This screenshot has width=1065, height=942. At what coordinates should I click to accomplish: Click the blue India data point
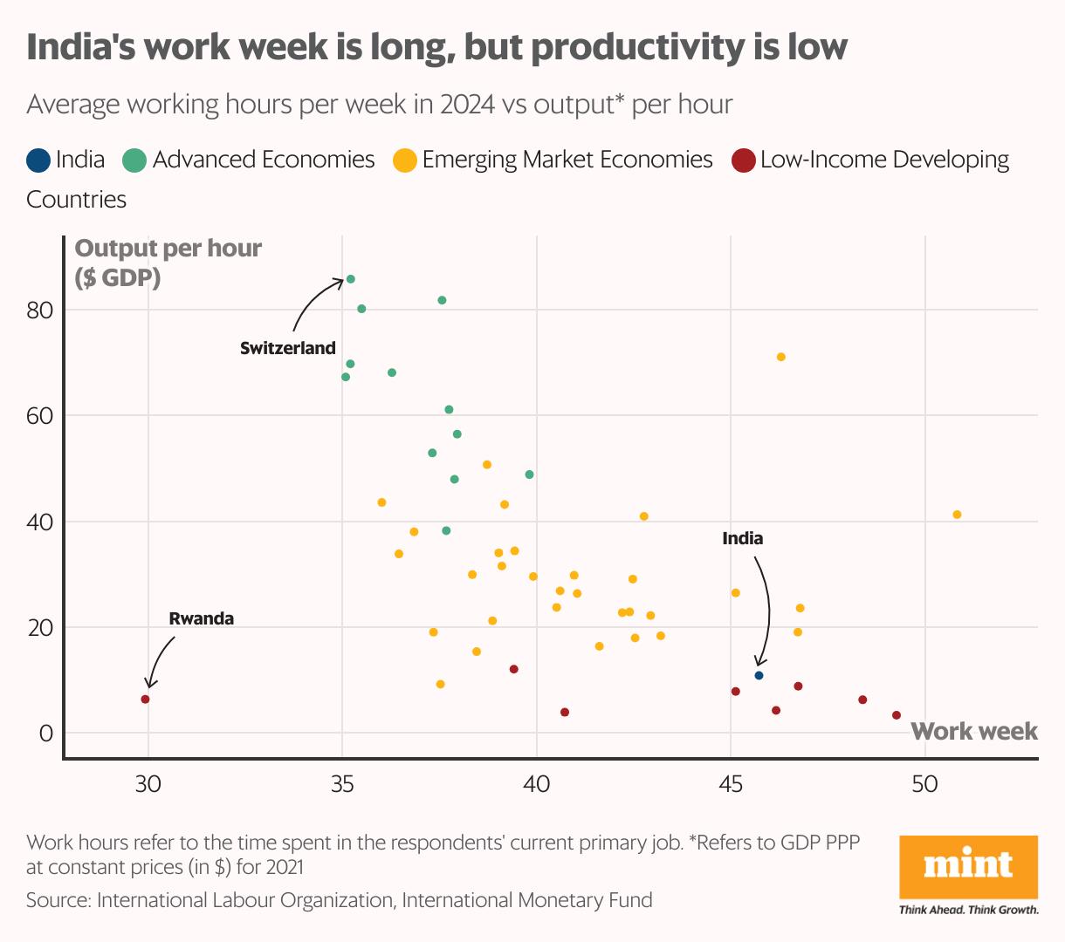tap(759, 676)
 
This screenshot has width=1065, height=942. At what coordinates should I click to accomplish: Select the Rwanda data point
tap(145, 700)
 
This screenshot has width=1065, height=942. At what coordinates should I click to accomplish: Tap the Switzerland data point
tap(350, 279)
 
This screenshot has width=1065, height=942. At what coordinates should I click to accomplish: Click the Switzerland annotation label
tap(287, 348)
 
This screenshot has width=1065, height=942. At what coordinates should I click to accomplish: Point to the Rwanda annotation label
tap(201, 618)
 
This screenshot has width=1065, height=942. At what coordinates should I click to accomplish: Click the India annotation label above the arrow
tap(742, 538)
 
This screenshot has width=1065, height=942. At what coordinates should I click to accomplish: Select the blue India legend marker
tap(38, 160)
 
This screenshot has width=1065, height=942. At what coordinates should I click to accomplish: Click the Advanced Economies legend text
tap(263, 160)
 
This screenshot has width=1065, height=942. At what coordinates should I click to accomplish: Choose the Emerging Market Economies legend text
tap(567, 160)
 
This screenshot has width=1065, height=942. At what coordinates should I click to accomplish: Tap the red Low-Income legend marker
tap(743, 160)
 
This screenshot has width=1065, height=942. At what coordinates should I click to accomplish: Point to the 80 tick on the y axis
tap(40, 310)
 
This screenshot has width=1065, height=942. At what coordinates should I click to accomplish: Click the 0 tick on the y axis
tap(46, 734)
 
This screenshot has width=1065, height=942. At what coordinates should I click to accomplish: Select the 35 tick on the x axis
tap(342, 784)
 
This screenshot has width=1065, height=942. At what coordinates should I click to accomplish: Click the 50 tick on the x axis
tap(924, 784)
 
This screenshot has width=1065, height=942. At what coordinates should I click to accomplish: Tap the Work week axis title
tap(973, 731)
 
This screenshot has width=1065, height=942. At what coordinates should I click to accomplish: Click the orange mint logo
tap(968, 866)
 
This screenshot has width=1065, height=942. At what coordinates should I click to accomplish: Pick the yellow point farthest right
tap(957, 515)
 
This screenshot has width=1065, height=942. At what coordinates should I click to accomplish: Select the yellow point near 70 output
tap(780, 357)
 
